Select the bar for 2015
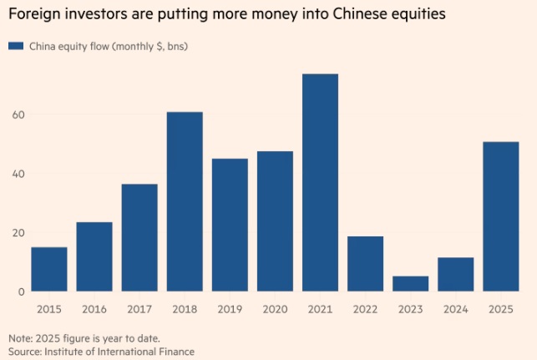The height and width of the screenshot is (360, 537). tap(49, 269)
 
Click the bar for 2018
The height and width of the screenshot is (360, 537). tap(185, 201)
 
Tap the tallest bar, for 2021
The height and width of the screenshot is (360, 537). tap(320, 183)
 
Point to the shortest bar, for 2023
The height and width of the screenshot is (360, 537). tap(410, 284)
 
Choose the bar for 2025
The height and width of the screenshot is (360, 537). tap(501, 216)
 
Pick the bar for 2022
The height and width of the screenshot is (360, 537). tap(365, 264)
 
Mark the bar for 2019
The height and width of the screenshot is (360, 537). tap(230, 225)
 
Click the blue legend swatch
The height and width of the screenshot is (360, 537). tap(16, 46)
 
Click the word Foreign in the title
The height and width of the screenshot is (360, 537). tap(32, 13)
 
